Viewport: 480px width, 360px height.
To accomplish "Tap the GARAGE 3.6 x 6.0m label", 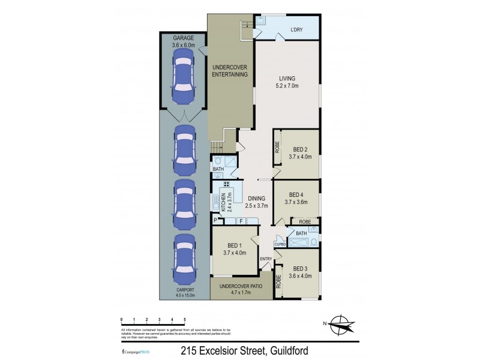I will (183, 41).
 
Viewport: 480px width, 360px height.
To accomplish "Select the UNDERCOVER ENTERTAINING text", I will (230, 70).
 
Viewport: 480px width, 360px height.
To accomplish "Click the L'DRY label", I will (296, 30).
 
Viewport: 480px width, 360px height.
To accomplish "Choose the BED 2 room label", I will (301, 153).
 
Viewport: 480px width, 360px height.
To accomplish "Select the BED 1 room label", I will (235, 249).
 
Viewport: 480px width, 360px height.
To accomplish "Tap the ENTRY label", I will (266, 259).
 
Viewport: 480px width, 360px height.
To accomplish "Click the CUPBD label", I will (280, 244).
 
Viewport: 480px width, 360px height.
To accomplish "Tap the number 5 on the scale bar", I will (185, 319).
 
